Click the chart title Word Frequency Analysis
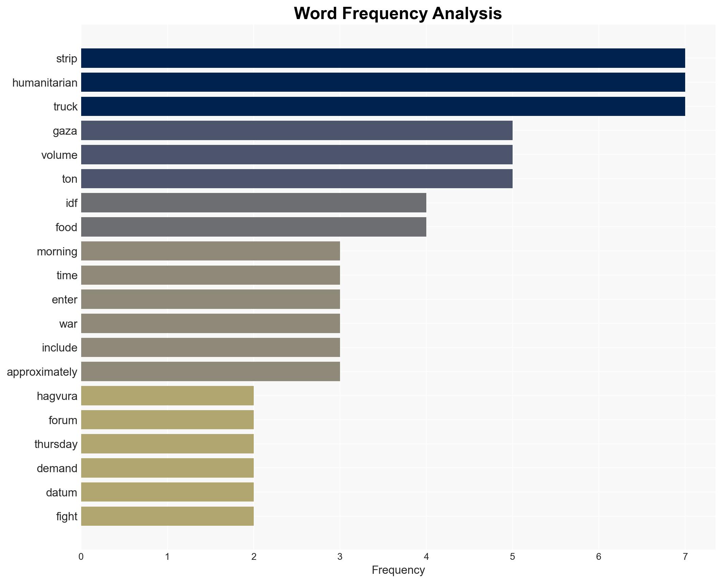coord(398,14)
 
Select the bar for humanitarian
coord(383,83)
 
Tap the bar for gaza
coord(296,131)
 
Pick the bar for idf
coord(253,203)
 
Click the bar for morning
coord(210,251)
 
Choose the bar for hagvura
coord(167,396)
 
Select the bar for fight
coord(167,516)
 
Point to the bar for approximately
coord(210,372)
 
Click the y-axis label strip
coord(67,59)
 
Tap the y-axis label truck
coord(65,107)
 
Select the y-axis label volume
coord(59,155)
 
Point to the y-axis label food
coord(66,227)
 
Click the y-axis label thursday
coord(56,444)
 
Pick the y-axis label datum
coord(61,493)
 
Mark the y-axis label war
coord(68,324)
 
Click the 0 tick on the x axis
coord(81,557)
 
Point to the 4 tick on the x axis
coord(426,557)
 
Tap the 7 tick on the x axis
coord(684,557)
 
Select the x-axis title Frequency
coord(398,570)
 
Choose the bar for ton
coord(296,179)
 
